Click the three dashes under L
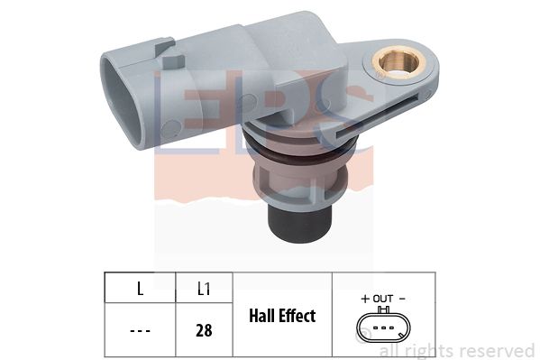[139, 330]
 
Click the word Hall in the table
[262, 316]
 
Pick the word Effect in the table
[297, 316]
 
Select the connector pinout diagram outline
[382, 328]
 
